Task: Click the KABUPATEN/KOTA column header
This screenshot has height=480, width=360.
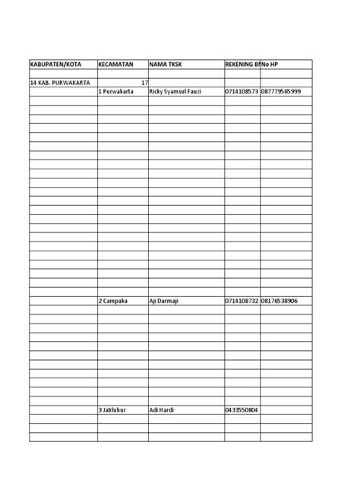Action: [x=57, y=65]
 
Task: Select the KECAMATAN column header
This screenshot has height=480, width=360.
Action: [x=115, y=65]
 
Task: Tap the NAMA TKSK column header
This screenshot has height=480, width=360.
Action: [x=167, y=65]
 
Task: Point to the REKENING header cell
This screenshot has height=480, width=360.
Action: [x=242, y=65]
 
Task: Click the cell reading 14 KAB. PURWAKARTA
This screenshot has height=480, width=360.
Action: [x=60, y=82]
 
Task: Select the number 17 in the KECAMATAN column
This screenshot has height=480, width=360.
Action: [x=144, y=82]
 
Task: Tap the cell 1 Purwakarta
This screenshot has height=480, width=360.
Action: [x=116, y=91]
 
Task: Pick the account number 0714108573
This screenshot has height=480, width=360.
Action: [x=242, y=91]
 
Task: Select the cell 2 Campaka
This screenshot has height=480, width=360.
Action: [x=113, y=301]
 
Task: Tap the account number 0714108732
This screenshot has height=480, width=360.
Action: [x=242, y=301]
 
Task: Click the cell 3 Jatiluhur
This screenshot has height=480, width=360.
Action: [x=113, y=410]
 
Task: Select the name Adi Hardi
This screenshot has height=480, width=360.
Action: [x=163, y=410]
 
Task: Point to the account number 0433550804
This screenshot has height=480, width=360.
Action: [x=242, y=410]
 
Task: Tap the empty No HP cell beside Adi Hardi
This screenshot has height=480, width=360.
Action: [x=286, y=410]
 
